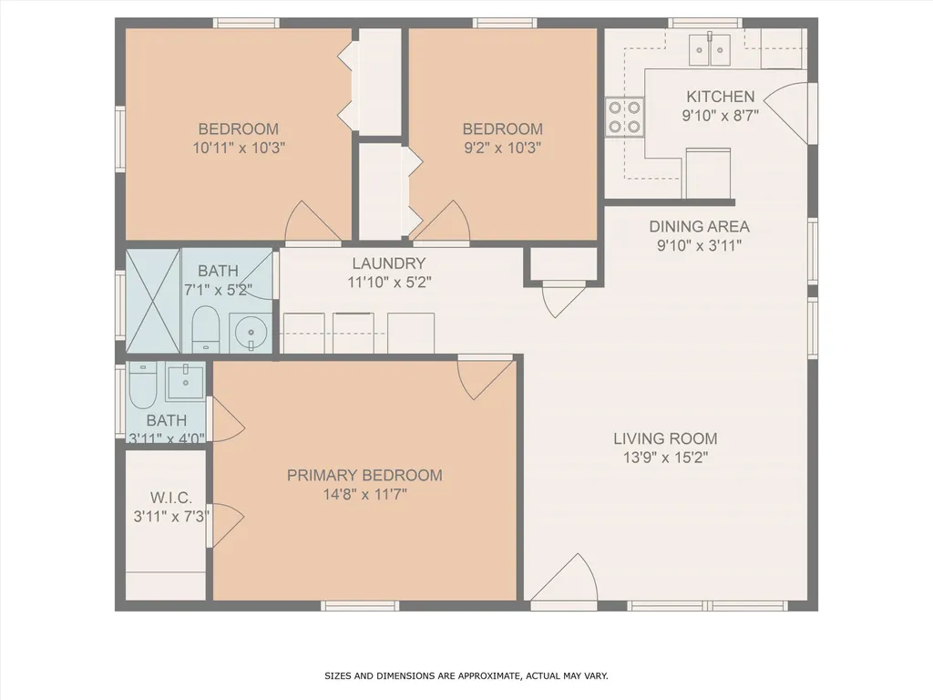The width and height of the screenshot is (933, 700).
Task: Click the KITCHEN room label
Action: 720,97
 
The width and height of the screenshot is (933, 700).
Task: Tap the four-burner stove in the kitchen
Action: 624,117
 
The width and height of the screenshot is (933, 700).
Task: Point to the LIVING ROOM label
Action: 664,438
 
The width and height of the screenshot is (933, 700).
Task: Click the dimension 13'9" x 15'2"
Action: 664,458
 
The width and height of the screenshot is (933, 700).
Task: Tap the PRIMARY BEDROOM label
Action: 364,475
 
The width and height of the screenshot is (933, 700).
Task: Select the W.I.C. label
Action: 170,498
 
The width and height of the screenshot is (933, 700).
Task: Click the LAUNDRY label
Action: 388,263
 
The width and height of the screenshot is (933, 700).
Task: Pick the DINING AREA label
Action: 699,226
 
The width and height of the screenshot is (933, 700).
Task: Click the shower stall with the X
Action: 152,301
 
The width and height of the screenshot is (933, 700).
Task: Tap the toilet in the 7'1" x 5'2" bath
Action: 205,329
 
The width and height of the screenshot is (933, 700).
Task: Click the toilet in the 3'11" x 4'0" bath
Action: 142,387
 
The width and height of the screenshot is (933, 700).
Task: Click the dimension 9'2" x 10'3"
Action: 502,148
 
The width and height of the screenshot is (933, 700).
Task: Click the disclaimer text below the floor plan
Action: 466,676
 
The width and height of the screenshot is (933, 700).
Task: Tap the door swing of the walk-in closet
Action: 227,523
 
